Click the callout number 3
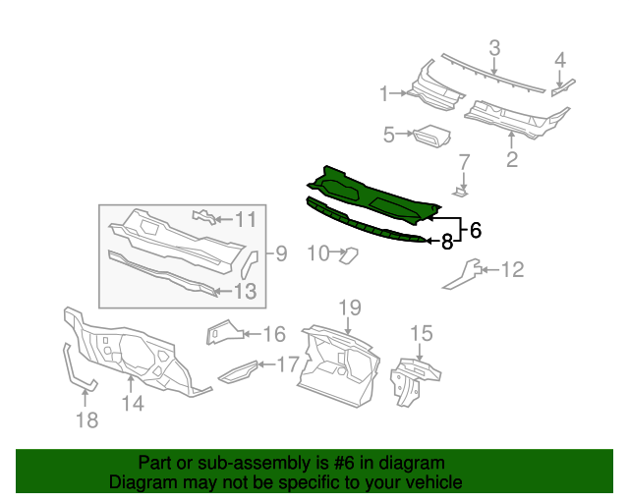pos(494,46)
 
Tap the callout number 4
pos(560,60)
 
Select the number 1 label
pos(384,93)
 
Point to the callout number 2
pos(512,158)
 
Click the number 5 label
pos(388,135)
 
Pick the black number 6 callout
pos(476,231)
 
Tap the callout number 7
pos(466,160)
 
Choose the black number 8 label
pos(446,241)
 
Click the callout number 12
pos(513,269)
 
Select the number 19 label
pos(351,307)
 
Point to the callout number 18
pos(86,419)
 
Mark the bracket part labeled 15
pos(415,377)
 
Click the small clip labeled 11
pos(202,215)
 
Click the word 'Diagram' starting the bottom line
pos(142,482)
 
